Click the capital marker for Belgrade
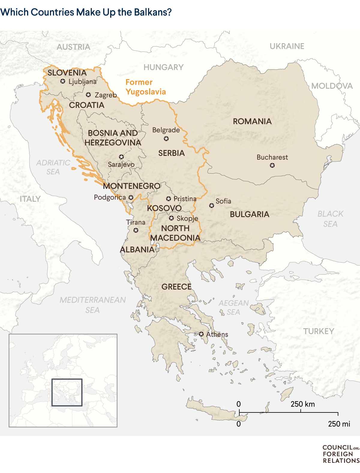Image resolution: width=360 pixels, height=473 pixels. [166, 138]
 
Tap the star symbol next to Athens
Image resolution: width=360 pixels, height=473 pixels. [201, 334]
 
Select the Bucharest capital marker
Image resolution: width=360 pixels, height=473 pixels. [272, 165]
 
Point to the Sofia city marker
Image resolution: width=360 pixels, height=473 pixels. [211, 206]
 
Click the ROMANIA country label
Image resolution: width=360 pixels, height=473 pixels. [252, 121]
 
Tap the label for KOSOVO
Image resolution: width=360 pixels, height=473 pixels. [164, 208]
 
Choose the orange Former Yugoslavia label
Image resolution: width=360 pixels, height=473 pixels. [145, 87]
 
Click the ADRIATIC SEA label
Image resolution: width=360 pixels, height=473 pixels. [53, 167]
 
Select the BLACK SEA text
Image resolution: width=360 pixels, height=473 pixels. [330, 219]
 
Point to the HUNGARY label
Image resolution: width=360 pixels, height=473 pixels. [163, 67]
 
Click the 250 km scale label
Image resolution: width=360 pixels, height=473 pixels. [302, 404]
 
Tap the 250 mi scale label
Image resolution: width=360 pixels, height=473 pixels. [339, 424]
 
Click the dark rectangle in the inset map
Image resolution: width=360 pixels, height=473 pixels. [67, 392]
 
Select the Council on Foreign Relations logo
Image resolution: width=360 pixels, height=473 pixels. [340, 454]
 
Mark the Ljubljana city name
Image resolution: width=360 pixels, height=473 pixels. [82, 82]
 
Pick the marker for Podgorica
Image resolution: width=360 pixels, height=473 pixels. [131, 198]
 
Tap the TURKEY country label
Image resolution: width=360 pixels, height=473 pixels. [318, 331]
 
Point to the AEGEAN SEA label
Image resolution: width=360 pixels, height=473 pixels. [233, 308]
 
